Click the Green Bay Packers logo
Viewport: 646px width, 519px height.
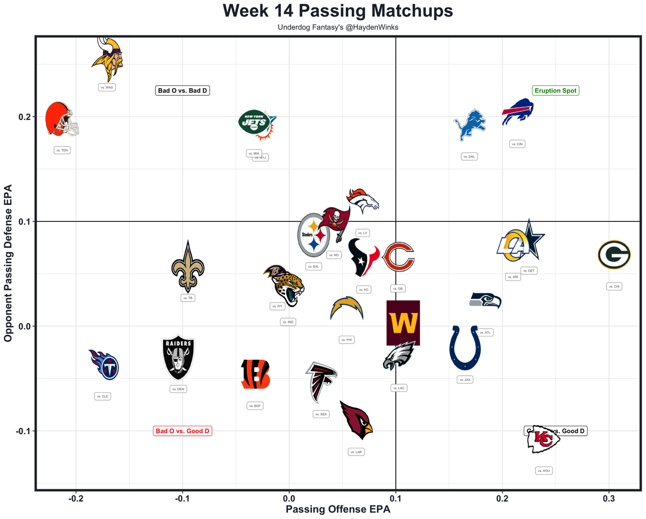pos(614,255)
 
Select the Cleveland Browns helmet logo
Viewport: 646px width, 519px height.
pos(62,119)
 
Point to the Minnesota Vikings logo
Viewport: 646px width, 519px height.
pos(107,59)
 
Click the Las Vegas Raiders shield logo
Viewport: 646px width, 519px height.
pos(178,358)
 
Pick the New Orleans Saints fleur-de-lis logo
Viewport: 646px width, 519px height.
pos(188,267)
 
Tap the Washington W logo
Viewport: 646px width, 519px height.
pos(403,323)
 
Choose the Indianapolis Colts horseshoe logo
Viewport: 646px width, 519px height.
pos(465,348)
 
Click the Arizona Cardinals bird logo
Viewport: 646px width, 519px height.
pos(356,420)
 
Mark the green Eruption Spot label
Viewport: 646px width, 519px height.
pos(555,91)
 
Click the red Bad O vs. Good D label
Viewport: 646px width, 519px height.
pos(183,431)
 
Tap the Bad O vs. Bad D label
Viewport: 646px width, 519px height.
pos(182,91)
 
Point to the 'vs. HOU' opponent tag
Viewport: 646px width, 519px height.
pos(544,471)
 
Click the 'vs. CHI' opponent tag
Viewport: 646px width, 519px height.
pos(614,286)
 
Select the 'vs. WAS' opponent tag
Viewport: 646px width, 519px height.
pos(106,87)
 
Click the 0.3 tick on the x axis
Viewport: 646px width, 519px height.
pos(609,499)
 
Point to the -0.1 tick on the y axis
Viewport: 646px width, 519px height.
pos(22,431)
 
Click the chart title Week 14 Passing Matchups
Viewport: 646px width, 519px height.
pos(338,11)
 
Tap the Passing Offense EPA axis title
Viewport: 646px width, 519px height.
pos(338,509)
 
